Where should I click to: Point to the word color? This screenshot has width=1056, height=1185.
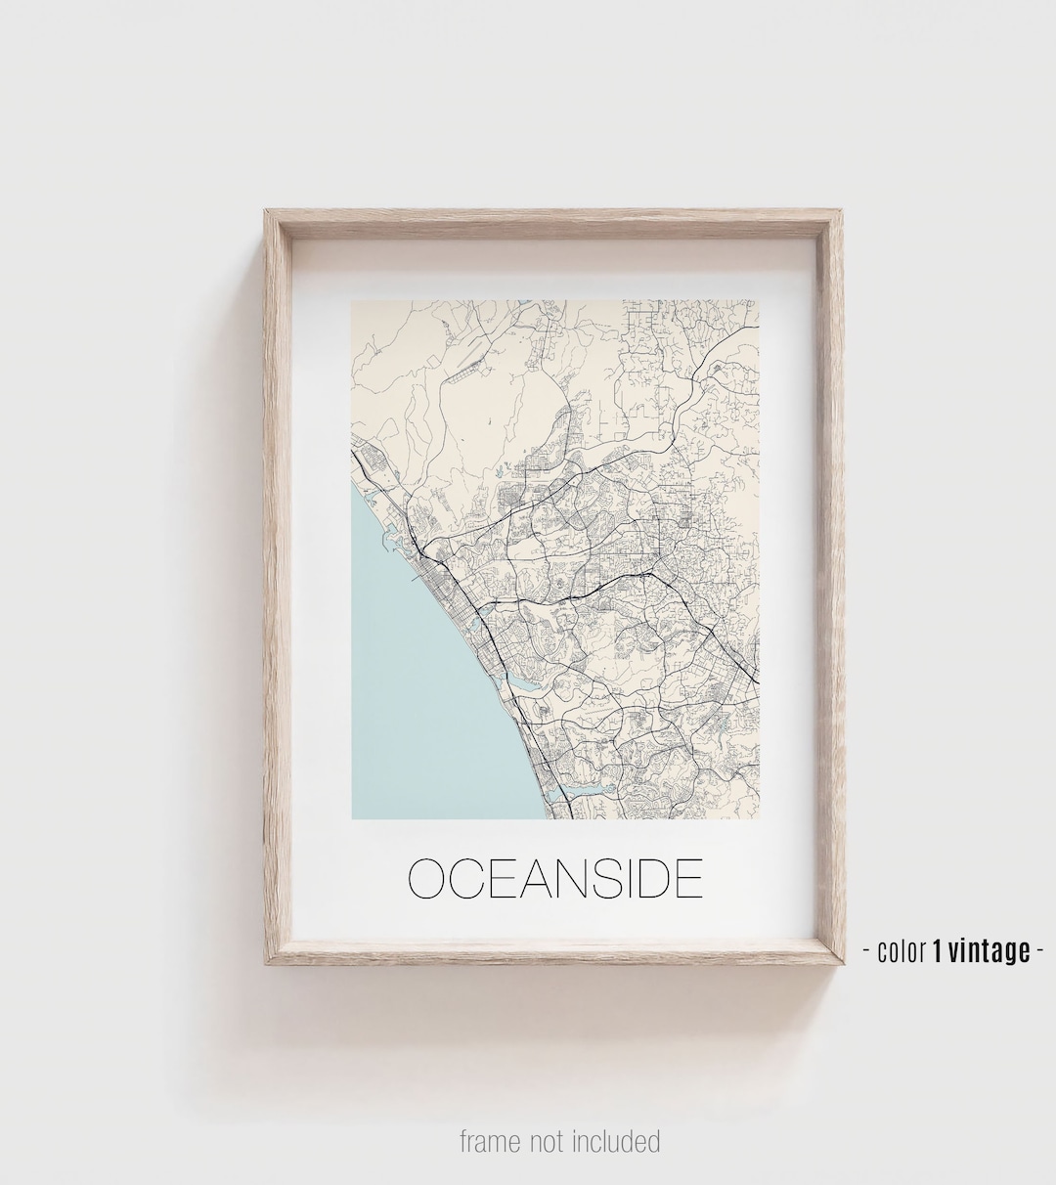point(902,950)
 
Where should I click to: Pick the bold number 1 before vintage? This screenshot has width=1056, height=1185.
point(938,950)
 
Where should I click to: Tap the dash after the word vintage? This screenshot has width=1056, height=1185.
point(1039,950)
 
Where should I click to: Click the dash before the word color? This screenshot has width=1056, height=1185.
point(866,950)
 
